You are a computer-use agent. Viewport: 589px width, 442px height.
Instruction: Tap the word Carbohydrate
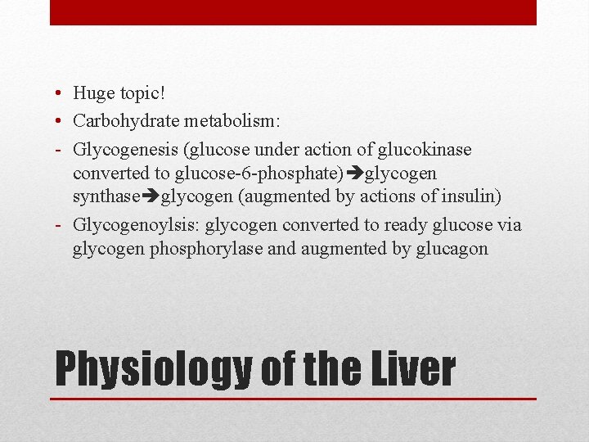click(x=124, y=121)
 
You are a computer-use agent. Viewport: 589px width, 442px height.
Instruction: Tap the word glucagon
click(x=453, y=250)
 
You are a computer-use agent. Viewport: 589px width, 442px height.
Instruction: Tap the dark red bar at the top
click(x=293, y=12)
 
